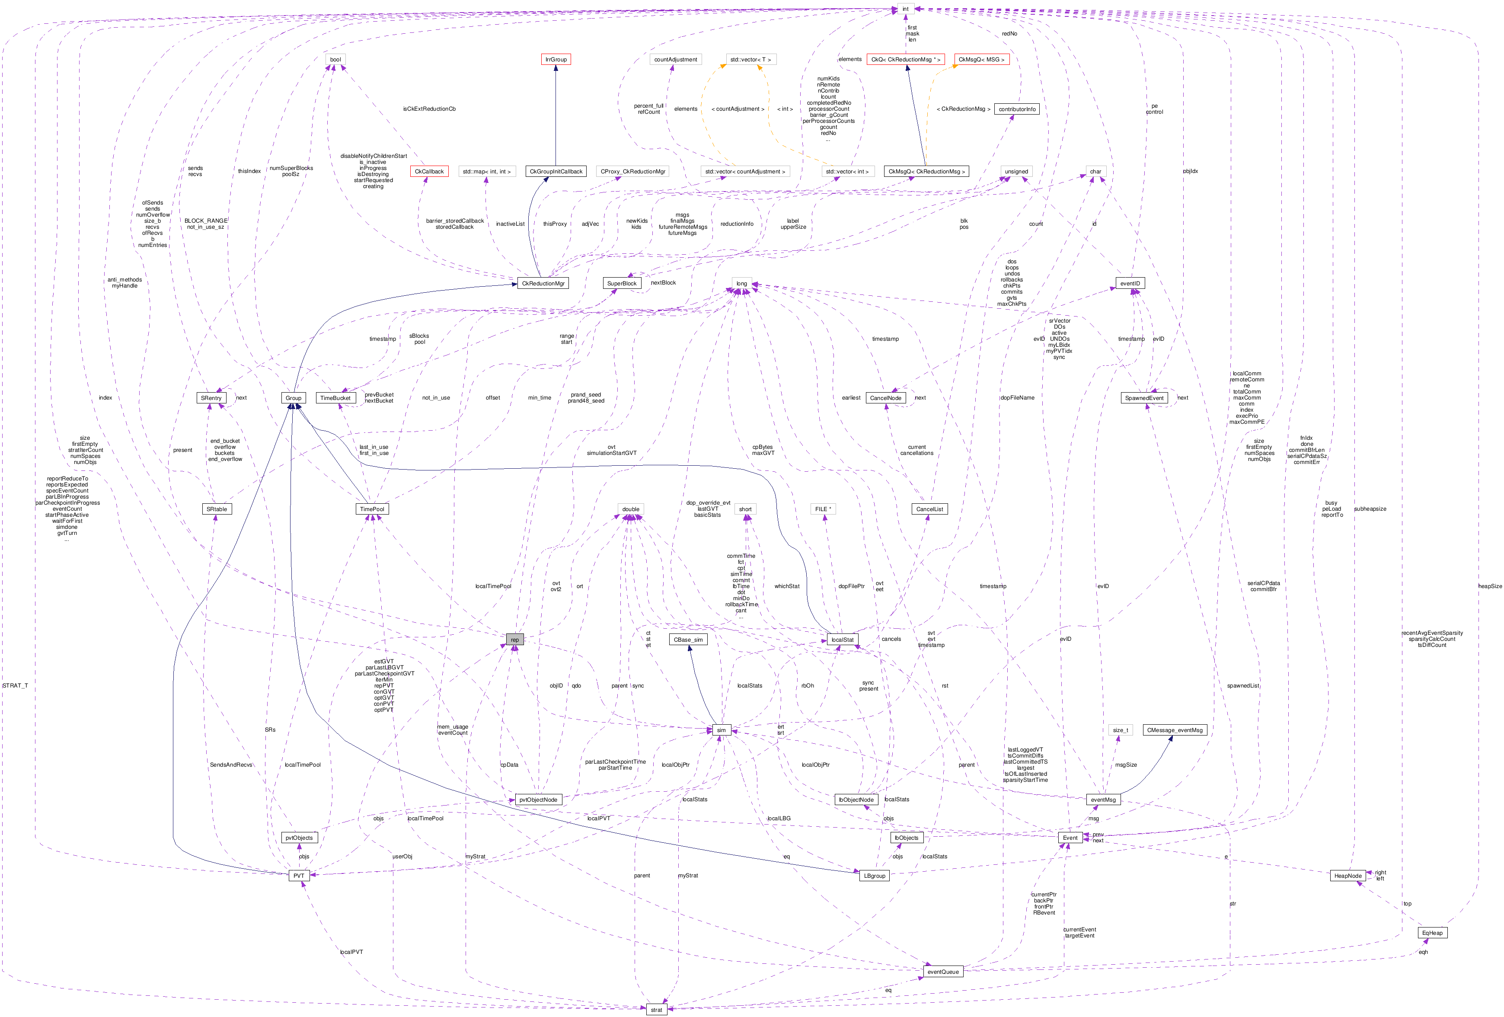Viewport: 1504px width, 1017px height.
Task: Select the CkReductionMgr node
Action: coord(543,284)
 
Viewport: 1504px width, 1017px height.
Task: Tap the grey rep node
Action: coord(514,640)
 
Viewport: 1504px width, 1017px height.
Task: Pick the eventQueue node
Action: coord(943,972)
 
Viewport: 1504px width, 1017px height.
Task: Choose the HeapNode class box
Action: coord(1348,876)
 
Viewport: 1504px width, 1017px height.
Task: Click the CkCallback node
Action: coord(429,172)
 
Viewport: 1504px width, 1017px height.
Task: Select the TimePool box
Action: coord(372,509)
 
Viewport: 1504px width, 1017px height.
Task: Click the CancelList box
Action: coord(929,509)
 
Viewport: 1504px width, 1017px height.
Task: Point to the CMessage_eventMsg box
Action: coord(1175,730)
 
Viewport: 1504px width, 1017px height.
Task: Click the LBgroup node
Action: coord(874,876)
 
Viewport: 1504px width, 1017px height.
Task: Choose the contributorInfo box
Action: coord(1017,109)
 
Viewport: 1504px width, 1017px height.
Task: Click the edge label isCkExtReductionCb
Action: coord(429,109)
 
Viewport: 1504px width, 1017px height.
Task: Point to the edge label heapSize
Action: coord(1490,586)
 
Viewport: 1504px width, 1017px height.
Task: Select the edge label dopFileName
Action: coord(1017,398)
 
